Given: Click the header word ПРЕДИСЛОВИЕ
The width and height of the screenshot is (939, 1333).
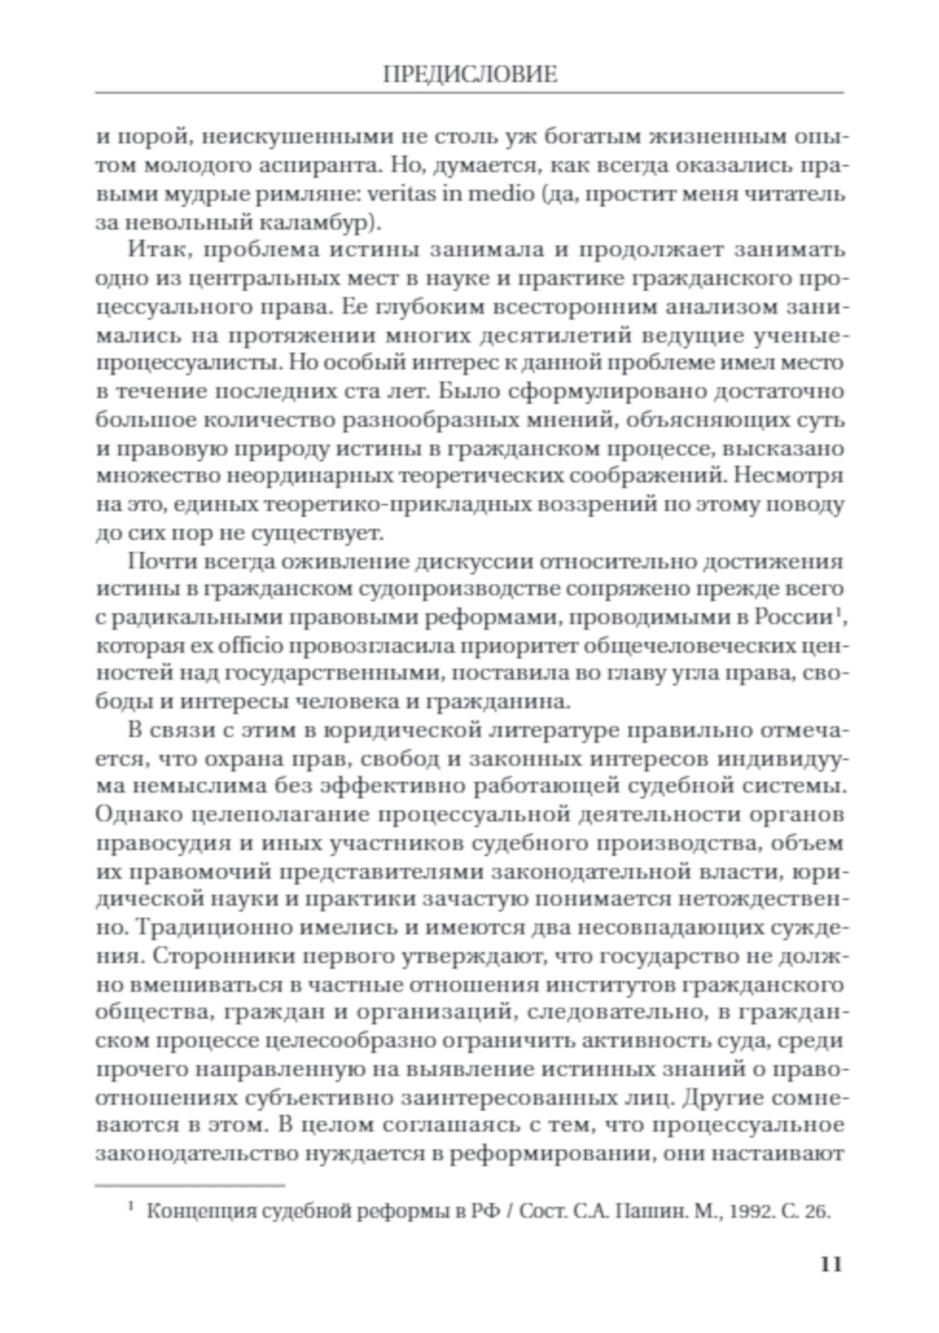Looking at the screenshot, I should click(469, 75).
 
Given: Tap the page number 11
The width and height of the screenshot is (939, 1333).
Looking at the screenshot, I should click(831, 1264).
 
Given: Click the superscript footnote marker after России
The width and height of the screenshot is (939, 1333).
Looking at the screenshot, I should click(836, 612).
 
